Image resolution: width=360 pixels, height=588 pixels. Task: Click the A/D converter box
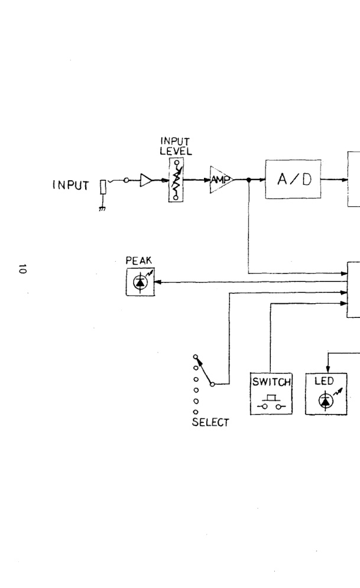(x=293, y=179)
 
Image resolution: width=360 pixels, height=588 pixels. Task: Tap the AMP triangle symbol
(x=221, y=180)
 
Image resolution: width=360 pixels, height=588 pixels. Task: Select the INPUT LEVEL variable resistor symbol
(x=176, y=180)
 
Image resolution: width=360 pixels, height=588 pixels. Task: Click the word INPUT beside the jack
(x=70, y=185)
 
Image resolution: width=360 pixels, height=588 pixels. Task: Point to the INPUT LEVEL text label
(x=176, y=146)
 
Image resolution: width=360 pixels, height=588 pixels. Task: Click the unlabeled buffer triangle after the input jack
(x=146, y=180)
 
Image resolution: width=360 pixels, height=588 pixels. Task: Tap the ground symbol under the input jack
(x=102, y=209)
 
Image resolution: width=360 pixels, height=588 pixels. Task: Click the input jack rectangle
(x=103, y=187)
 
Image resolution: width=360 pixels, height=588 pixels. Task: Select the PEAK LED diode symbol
(x=141, y=282)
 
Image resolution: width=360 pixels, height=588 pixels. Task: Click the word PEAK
(x=139, y=260)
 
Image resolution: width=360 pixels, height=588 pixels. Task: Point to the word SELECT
(x=210, y=423)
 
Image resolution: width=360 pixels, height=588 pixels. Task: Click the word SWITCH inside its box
(x=271, y=382)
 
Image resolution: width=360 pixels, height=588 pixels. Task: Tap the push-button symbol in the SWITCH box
(x=271, y=402)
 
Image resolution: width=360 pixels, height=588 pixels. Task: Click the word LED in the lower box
(x=324, y=381)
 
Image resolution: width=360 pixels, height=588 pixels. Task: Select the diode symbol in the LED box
(x=326, y=401)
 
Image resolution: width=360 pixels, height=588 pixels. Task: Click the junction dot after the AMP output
(x=249, y=180)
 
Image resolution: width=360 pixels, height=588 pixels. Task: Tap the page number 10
(x=22, y=269)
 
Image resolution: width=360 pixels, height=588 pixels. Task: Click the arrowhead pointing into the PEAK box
(x=157, y=282)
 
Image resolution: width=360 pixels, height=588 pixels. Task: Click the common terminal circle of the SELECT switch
(x=212, y=384)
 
